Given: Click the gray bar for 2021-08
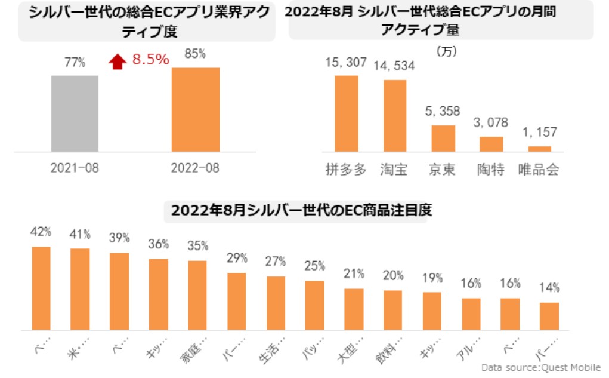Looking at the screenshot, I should click(x=75, y=113).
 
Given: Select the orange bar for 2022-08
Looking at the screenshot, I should click(x=195, y=109).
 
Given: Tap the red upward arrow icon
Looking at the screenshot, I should click(x=118, y=61).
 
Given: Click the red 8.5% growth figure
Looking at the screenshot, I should click(x=150, y=60).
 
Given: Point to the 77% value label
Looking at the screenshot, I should click(x=75, y=62).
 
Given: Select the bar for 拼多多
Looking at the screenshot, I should click(x=346, y=113).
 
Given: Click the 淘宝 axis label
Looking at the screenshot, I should click(x=394, y=170).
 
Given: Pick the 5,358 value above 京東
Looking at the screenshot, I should click(x=443, y=111).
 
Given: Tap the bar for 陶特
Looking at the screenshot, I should click(x=491, y=144).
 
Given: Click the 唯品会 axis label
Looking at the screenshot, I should click(x=539, y=170).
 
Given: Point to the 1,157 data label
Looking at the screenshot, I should click(x=539, y=132).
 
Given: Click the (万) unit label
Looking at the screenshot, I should click(x=446, y=52).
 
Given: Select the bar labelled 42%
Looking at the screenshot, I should click(x=41, y=288).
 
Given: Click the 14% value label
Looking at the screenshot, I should click(x=549, y=288).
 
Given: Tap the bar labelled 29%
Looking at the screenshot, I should click(x=236, y=301).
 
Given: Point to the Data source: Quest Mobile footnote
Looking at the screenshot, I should click(x=540, y=367).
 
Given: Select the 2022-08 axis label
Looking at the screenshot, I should click(x=195, y=168).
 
